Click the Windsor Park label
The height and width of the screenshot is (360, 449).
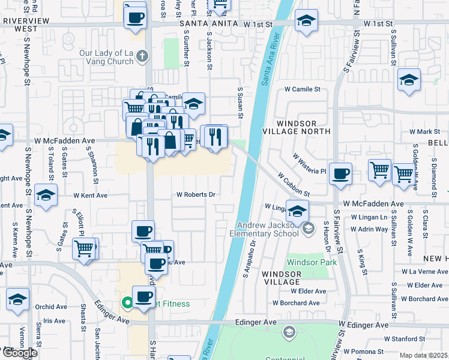(x=312, y=262)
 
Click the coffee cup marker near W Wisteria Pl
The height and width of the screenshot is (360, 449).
(x=340, y=174)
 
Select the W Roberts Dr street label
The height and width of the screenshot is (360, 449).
(x=196, y=194)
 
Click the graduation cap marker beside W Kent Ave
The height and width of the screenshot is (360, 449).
(x=45, y=196)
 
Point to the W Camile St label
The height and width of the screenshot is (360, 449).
(x=303, y=89)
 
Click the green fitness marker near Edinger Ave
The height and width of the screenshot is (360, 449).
(x=127, y=304)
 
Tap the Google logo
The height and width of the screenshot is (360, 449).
(x=20, y=353)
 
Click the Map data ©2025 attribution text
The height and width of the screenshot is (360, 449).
(x=423, y=355)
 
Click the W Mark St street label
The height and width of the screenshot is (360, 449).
(x=425, y=131)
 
